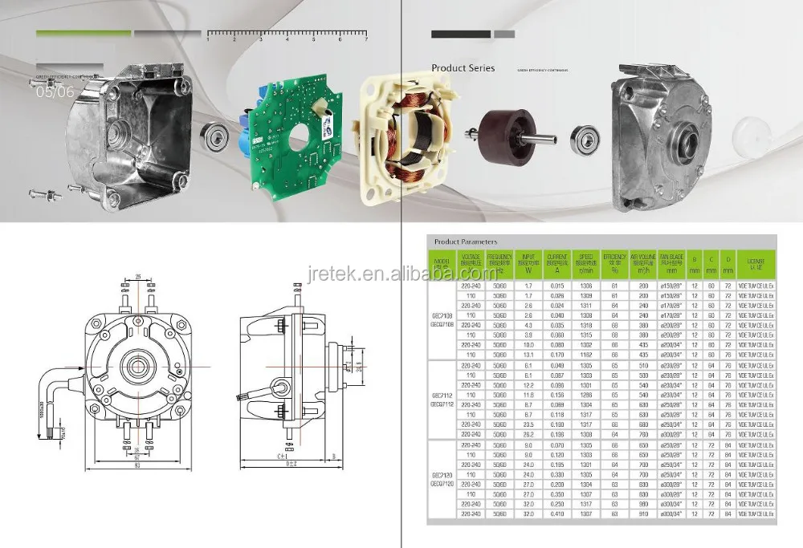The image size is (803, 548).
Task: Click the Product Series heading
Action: (463, 69)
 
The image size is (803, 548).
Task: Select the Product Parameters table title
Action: (465, 241)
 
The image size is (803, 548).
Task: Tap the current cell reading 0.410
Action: (556, 513)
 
